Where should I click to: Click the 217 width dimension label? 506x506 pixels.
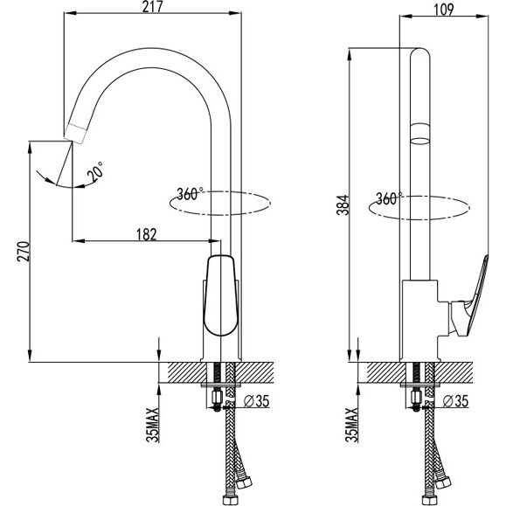click(153, 7)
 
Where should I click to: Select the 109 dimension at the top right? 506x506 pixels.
click(444, 10)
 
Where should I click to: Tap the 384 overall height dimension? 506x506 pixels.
click(343, 204)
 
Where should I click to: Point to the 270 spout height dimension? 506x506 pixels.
click(24, 252)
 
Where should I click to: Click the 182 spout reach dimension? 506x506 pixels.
click(147, 234)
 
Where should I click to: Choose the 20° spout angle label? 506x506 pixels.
click(95, 171)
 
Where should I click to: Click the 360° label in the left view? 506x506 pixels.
click(190, 194)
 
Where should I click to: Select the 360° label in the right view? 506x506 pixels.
click(389, 198)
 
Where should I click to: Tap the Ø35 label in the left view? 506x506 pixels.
click(256, 401)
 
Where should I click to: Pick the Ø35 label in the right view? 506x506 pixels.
click(455, 401)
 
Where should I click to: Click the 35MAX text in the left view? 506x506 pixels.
click(153, 425)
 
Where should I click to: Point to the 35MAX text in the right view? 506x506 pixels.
click(351, 425)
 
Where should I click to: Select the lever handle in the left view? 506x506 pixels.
click(221, 295)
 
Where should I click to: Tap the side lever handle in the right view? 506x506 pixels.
click(470, 300)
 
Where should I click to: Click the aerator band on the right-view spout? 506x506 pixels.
click(420, 134)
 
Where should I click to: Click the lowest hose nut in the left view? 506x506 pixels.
click(229, 499)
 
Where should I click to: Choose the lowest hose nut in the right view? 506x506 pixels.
click(428, 499)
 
